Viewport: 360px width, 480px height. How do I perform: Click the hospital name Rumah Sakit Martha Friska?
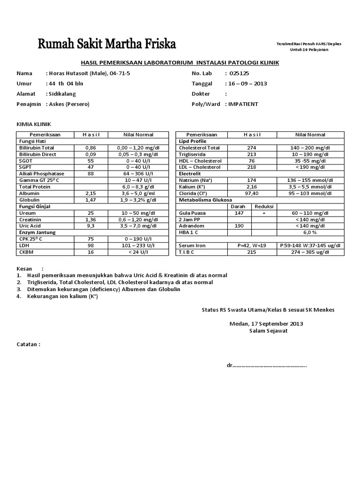point(107,45)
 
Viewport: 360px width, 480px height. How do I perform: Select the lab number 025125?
point(239,73)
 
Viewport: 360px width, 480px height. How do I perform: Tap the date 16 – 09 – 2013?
point(248,83)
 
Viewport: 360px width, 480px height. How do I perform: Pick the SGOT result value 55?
point(91,160)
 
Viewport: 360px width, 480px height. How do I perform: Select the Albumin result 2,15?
point(91,193)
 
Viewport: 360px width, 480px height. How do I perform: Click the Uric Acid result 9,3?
point(91,226)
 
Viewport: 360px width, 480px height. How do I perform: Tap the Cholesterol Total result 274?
point(251,148)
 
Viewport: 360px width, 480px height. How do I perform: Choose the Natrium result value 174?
point(251,180)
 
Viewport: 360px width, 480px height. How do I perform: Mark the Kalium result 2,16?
point(251,187)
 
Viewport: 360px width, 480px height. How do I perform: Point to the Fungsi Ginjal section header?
point(34,206)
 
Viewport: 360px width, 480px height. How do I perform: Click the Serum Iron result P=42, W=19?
point(251,246)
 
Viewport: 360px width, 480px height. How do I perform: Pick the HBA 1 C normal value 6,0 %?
point(310,232)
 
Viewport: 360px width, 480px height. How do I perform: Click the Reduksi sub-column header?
point(264,206)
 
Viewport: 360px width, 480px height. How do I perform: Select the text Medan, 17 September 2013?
point(266,323)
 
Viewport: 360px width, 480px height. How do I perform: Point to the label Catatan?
point(29,344)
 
